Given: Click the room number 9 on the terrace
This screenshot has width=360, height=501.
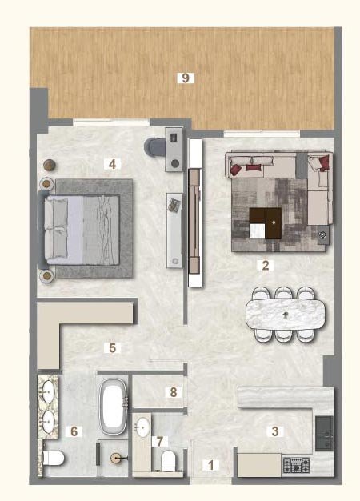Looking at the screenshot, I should pos(186,78).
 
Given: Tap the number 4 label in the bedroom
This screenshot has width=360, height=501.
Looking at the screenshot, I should pos(113,164).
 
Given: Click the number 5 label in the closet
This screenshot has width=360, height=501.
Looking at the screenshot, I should pos(113,347).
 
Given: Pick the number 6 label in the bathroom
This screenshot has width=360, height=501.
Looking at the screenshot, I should pos(74,431).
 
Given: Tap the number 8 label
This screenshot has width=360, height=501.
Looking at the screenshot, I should pos(172,392).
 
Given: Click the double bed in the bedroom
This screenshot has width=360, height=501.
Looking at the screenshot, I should pos(84,229).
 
